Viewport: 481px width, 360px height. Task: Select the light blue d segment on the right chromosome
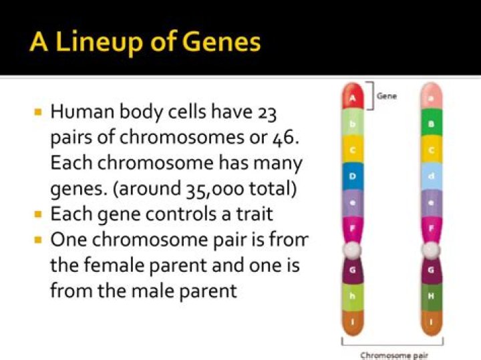tap(432, 176)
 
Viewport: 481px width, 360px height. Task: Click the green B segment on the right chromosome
tap(432, 124)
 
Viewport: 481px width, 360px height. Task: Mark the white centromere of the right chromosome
tap(432, 249)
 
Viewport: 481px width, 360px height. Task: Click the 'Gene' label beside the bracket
tap(387, 96)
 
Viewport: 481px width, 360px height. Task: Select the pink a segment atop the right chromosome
tap(432, 96)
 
